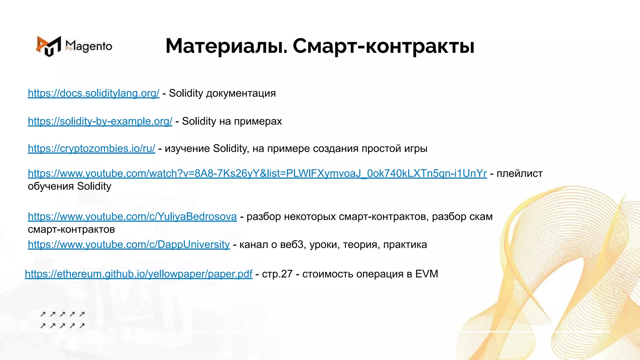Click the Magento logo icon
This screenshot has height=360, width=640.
click(48, 46)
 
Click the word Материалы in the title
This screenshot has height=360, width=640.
click(226, 46)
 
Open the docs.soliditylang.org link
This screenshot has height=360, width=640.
click(93, 93)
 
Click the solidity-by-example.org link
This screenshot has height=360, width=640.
click(100, 121)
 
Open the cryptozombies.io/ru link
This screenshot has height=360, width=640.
click(91, 148)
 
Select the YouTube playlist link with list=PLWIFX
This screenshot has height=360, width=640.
click(257, 173)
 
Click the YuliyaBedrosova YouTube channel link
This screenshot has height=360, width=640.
click(132, 217)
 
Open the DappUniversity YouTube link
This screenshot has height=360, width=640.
click(129, 244)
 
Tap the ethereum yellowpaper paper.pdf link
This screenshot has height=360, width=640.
click(138, 274)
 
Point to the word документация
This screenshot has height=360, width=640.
click(241, 93)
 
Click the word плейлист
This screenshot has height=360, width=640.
click(519, 173)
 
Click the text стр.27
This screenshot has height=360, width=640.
click(277, 274)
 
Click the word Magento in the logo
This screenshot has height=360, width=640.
click(89, 46)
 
